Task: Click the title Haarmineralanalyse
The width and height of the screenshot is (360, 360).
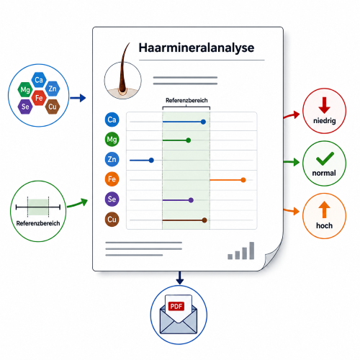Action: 197,48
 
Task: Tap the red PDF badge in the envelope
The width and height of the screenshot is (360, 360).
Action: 176,306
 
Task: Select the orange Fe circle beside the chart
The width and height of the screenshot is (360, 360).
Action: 112,179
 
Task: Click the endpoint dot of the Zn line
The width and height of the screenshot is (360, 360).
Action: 151,160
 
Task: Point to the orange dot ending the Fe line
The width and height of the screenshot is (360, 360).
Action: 243,180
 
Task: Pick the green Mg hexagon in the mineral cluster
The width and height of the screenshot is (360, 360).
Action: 25,89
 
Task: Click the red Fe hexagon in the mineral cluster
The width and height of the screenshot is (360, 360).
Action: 39,98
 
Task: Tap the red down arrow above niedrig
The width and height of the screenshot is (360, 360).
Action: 324,105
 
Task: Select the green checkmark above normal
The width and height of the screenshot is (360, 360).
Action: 325,158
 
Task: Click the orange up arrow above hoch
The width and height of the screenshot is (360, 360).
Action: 324,210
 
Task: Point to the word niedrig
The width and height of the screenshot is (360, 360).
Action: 325,120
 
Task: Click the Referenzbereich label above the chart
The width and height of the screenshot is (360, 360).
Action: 186,100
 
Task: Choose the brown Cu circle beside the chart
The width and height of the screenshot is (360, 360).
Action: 112,220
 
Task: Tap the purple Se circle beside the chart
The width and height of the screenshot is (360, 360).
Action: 112,199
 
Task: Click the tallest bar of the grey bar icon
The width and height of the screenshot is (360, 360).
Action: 252,251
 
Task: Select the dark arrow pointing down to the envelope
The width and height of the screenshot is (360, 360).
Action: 179,278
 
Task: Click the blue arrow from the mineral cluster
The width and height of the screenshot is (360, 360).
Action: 78,98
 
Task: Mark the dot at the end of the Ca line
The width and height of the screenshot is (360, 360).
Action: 203,122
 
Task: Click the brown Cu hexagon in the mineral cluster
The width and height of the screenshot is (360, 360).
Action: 53,107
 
